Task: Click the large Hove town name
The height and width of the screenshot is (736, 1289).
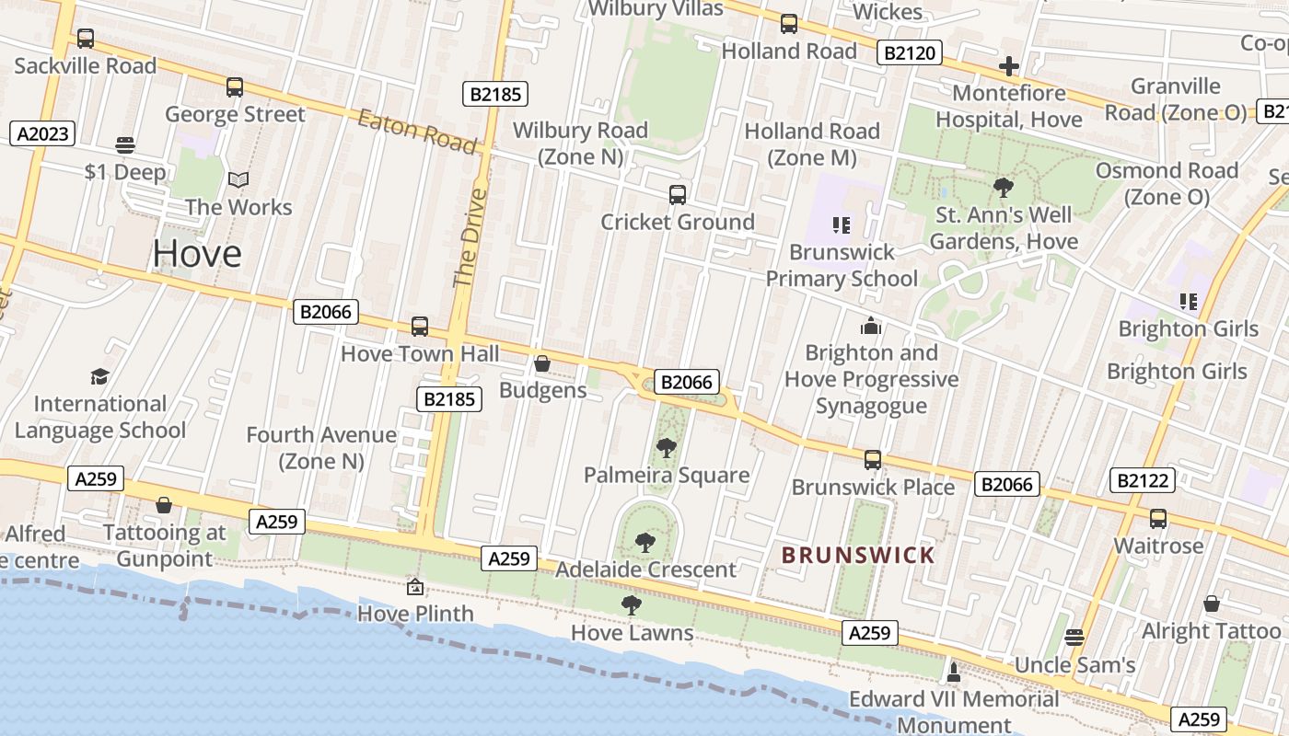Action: (x=197, y=253)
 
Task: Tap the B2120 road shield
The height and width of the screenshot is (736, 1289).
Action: (x=909, y=52)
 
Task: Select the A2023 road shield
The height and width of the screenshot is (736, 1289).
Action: (x=43, y=133)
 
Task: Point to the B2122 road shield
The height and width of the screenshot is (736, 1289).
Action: (x=1143, y=479)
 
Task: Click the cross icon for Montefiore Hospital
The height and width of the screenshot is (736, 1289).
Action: (x=1009, y=66)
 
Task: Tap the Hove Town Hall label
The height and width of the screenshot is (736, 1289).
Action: (x=420, y=353)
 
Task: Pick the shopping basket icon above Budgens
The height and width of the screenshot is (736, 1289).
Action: (x=542, y=364)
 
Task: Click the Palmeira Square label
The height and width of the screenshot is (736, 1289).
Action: (x=667, y=475)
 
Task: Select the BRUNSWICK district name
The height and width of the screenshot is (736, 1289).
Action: (x=858, y=555)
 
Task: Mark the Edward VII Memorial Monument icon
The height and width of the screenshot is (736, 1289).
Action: (x=954, y=673)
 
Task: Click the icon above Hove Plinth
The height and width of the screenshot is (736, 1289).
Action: (x=415, y=586)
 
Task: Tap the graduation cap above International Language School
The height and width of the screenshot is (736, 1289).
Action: (x=99, y=376)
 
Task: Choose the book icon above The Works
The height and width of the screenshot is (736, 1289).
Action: (x=238, y=180)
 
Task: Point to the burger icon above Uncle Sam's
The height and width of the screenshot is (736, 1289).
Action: (x=1074, y=637)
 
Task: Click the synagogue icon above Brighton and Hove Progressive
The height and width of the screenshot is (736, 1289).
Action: (x=871, y=326)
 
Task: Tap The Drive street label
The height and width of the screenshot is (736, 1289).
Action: (x=470, y=237)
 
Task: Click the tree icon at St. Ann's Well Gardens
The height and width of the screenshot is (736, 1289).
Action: (x=1004, y=188)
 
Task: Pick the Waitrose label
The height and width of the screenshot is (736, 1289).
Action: (x=1158, y=546)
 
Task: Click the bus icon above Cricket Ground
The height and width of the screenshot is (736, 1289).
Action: (x=678, y=195)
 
